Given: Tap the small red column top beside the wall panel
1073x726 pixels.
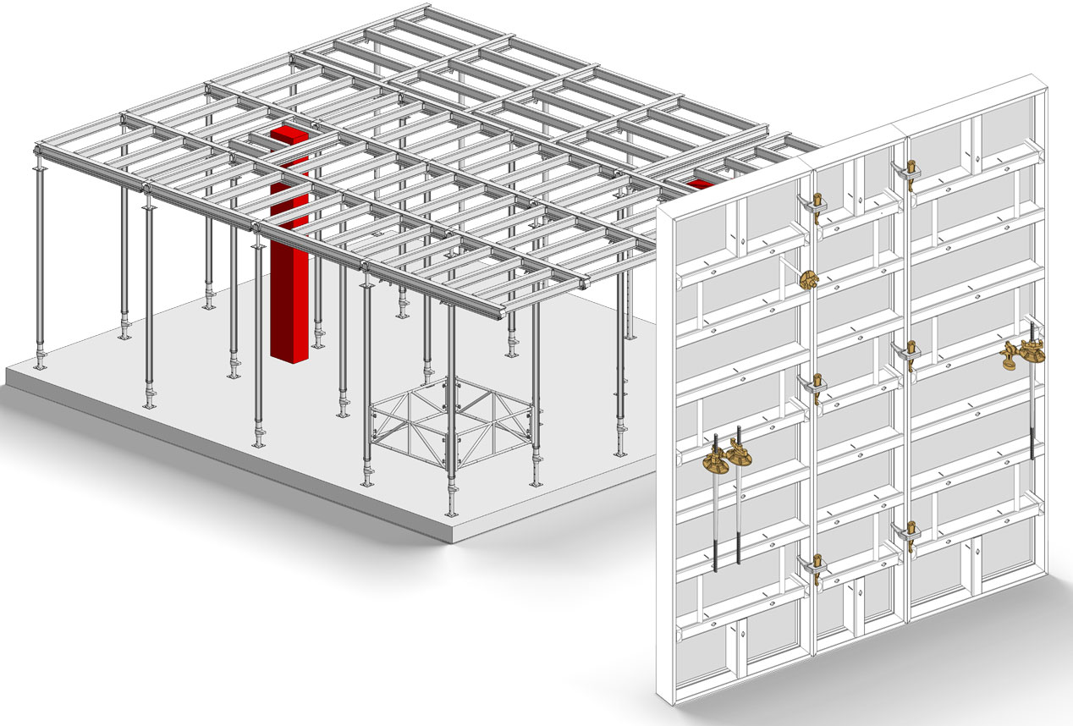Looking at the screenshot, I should click(x=699, y=183).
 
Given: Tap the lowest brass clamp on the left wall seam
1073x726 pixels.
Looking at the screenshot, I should click(x=817, y=565).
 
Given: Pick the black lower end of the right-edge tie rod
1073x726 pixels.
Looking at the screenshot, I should click(x=1032, y=440).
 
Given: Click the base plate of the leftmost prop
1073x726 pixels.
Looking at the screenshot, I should click(x=38, y=366).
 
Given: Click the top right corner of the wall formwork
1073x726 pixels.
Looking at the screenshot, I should click(x=1048, y=80).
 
